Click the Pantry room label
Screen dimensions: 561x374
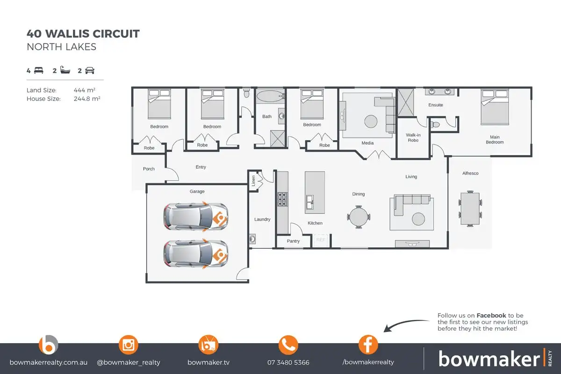click(293, 241)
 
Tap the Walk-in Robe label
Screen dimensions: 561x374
click(413, 137)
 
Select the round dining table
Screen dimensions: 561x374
click(359, 216)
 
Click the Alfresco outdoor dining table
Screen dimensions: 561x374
click(470, 208)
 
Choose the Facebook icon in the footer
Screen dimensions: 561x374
click(368, 345)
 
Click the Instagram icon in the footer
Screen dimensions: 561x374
click(128, 345)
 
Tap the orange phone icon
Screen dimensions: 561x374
click(288, 345)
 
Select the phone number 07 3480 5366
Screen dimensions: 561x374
click(288, 362)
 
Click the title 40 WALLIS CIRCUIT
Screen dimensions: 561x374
click(83, 34)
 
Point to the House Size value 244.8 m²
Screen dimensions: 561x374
click(87, 99)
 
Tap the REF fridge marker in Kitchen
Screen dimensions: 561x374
click(321, 239)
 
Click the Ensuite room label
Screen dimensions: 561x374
click(435, 105)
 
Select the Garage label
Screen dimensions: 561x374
click(197, 191)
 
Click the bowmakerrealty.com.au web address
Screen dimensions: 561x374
click(48, 362)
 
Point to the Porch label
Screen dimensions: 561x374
click(149, 169)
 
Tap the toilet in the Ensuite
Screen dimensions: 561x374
click(435, 125)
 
